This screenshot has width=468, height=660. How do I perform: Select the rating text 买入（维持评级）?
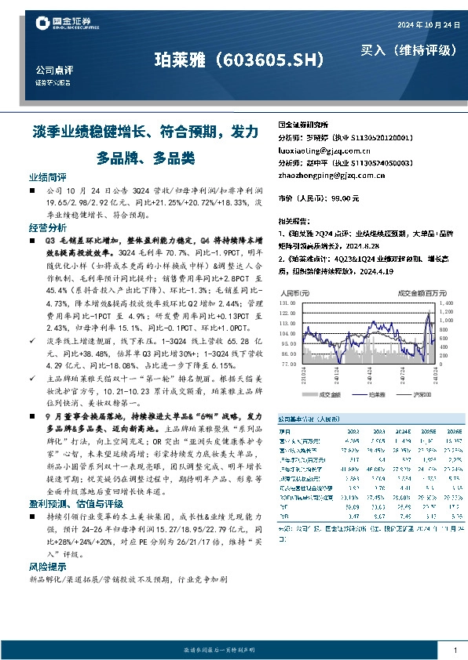[x=408, y=50]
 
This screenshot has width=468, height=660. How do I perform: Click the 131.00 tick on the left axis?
[x=287, y=301]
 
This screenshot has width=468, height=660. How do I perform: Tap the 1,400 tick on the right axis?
[x=445, y=301]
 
